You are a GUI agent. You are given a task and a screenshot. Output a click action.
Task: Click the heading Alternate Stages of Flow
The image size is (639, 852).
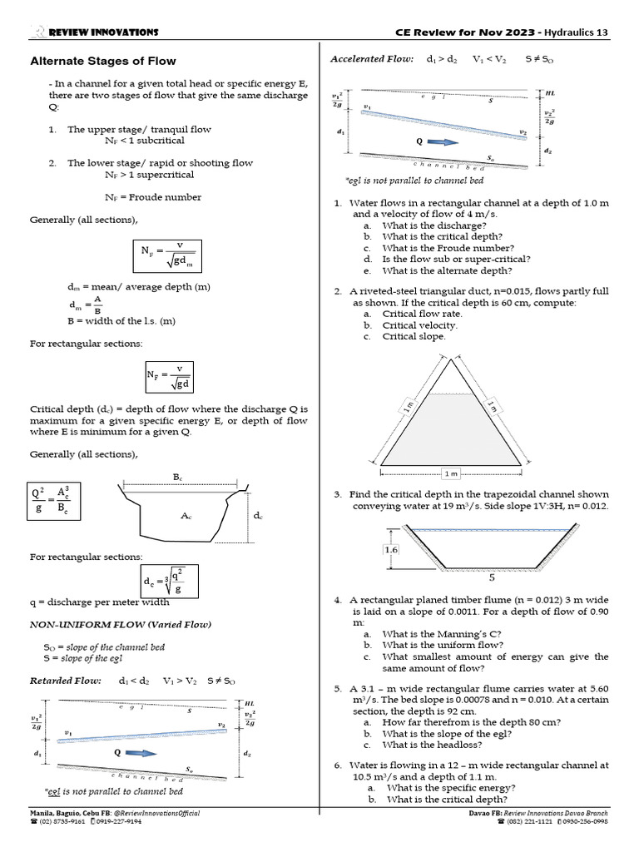[103, 61]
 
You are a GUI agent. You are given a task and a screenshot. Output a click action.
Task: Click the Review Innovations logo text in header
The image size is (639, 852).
[103, 32]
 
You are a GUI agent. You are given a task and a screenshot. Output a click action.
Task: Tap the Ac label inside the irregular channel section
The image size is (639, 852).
[186, 516]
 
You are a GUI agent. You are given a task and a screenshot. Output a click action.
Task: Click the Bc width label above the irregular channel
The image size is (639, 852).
[177, 477]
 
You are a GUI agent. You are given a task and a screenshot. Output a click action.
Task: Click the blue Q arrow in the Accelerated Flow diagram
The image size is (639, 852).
[443, 142]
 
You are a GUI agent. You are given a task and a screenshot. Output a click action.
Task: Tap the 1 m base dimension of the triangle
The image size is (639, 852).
[451, 473]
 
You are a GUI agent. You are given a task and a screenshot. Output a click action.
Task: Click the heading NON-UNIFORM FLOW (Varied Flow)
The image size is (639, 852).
[121, 624]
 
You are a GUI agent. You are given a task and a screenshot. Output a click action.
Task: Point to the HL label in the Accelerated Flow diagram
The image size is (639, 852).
[550, 94]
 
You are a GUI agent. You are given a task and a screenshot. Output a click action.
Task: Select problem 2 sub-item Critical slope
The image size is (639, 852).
[414, 336]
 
